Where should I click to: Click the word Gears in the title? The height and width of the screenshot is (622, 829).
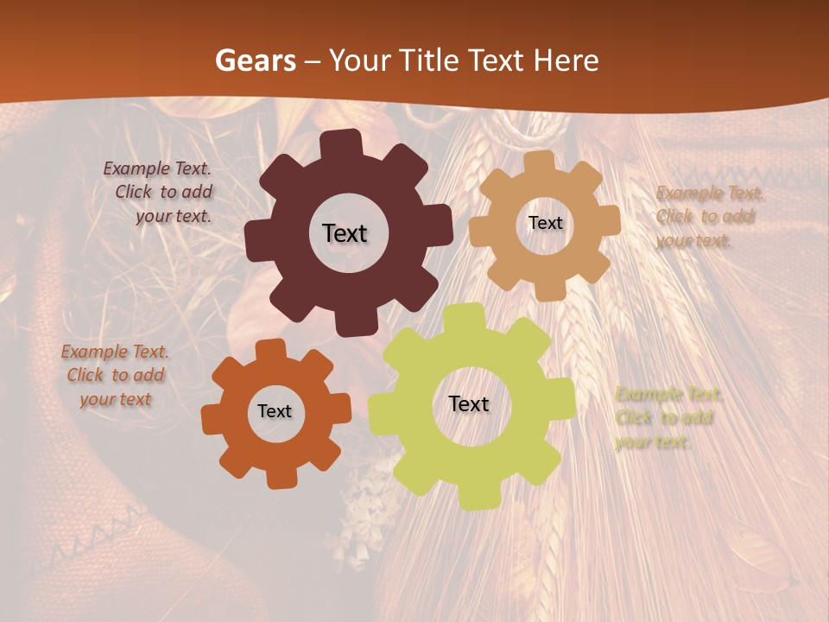[255, 60]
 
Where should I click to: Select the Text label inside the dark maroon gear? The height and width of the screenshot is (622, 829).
[345, 233]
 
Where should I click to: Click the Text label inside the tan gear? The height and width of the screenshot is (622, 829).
[545, 223]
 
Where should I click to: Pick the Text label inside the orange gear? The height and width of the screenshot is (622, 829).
[275, 412]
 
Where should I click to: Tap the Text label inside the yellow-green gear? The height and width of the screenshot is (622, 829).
[469, 404]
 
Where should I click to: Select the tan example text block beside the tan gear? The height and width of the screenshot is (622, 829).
[706, 217]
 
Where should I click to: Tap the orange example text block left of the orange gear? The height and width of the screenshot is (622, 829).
[115, 376]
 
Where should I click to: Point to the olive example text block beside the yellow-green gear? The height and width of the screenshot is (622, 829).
[667, 418]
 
